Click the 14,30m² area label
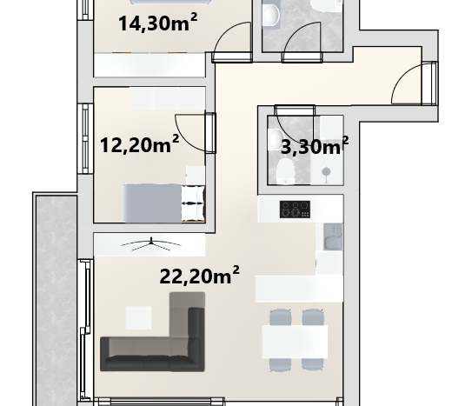pyautogui.click(x=158, y=23)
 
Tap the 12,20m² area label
pyautogui.click(x=139, y=144)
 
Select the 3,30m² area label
pyautogui.click(x=315, y=146)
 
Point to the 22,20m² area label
pyautogui.click(x=199, y=276)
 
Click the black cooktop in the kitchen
pyautogui.click(x=295, y=210)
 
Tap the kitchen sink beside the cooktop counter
pyautogui.click(x=333, y=236)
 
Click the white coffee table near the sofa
pyautogui.click(x=138, y=317)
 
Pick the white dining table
pyautogui.click(x=295, y=342)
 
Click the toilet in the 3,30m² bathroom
pyautogui.click(x=286, y=171)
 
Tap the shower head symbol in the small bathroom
pyautogui.click(x=327, y=174)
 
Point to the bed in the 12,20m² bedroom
pyautogui.click(x=164, y=203)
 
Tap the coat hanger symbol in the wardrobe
pyautogui.click(x=151, y=244)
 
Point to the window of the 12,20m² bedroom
pyautogui.click(x=85, y=139)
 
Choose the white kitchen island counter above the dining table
pyautogui.click(x=299, y=289)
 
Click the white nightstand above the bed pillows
pyautogui.click(x=196, y=176)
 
